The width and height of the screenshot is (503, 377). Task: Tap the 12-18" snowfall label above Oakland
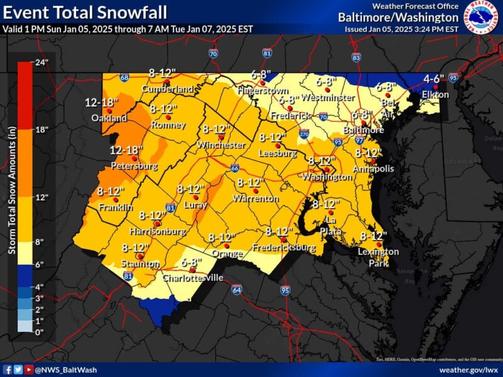point(101,102)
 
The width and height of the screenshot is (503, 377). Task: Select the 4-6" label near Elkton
point(434,79)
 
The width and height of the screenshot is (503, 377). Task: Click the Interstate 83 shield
point(357,58)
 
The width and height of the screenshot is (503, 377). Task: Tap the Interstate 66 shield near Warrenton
point(234,168)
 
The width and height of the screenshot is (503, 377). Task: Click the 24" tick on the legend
point(41,63)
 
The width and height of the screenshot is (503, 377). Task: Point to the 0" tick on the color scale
point(39,331)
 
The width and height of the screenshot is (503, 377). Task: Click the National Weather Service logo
point(482,17)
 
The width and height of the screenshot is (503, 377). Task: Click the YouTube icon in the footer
point(28,370)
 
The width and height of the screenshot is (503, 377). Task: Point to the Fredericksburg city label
point(284,248)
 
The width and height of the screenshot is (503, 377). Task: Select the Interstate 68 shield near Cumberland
point(124,78)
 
